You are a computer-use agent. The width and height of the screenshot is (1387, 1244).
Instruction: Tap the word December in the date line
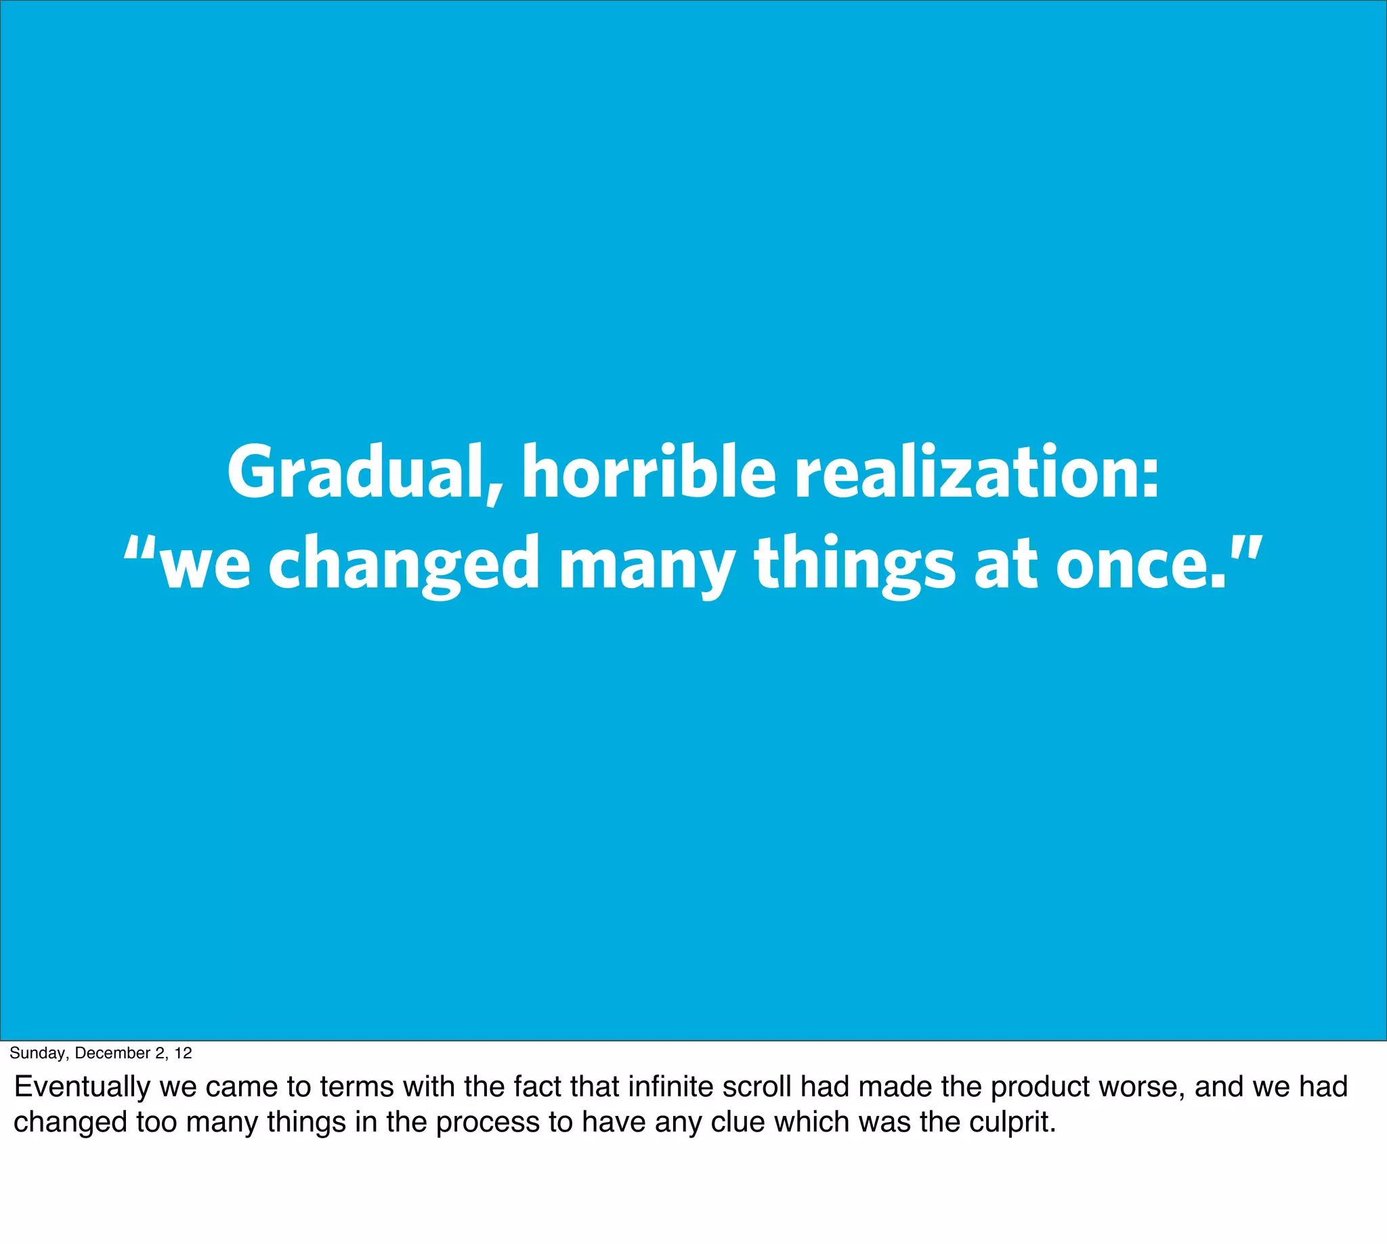(112, 1054)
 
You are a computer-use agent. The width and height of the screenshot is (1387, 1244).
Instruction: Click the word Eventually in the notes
(82, 1087)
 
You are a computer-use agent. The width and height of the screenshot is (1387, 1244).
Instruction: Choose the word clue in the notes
(739, 1121)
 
